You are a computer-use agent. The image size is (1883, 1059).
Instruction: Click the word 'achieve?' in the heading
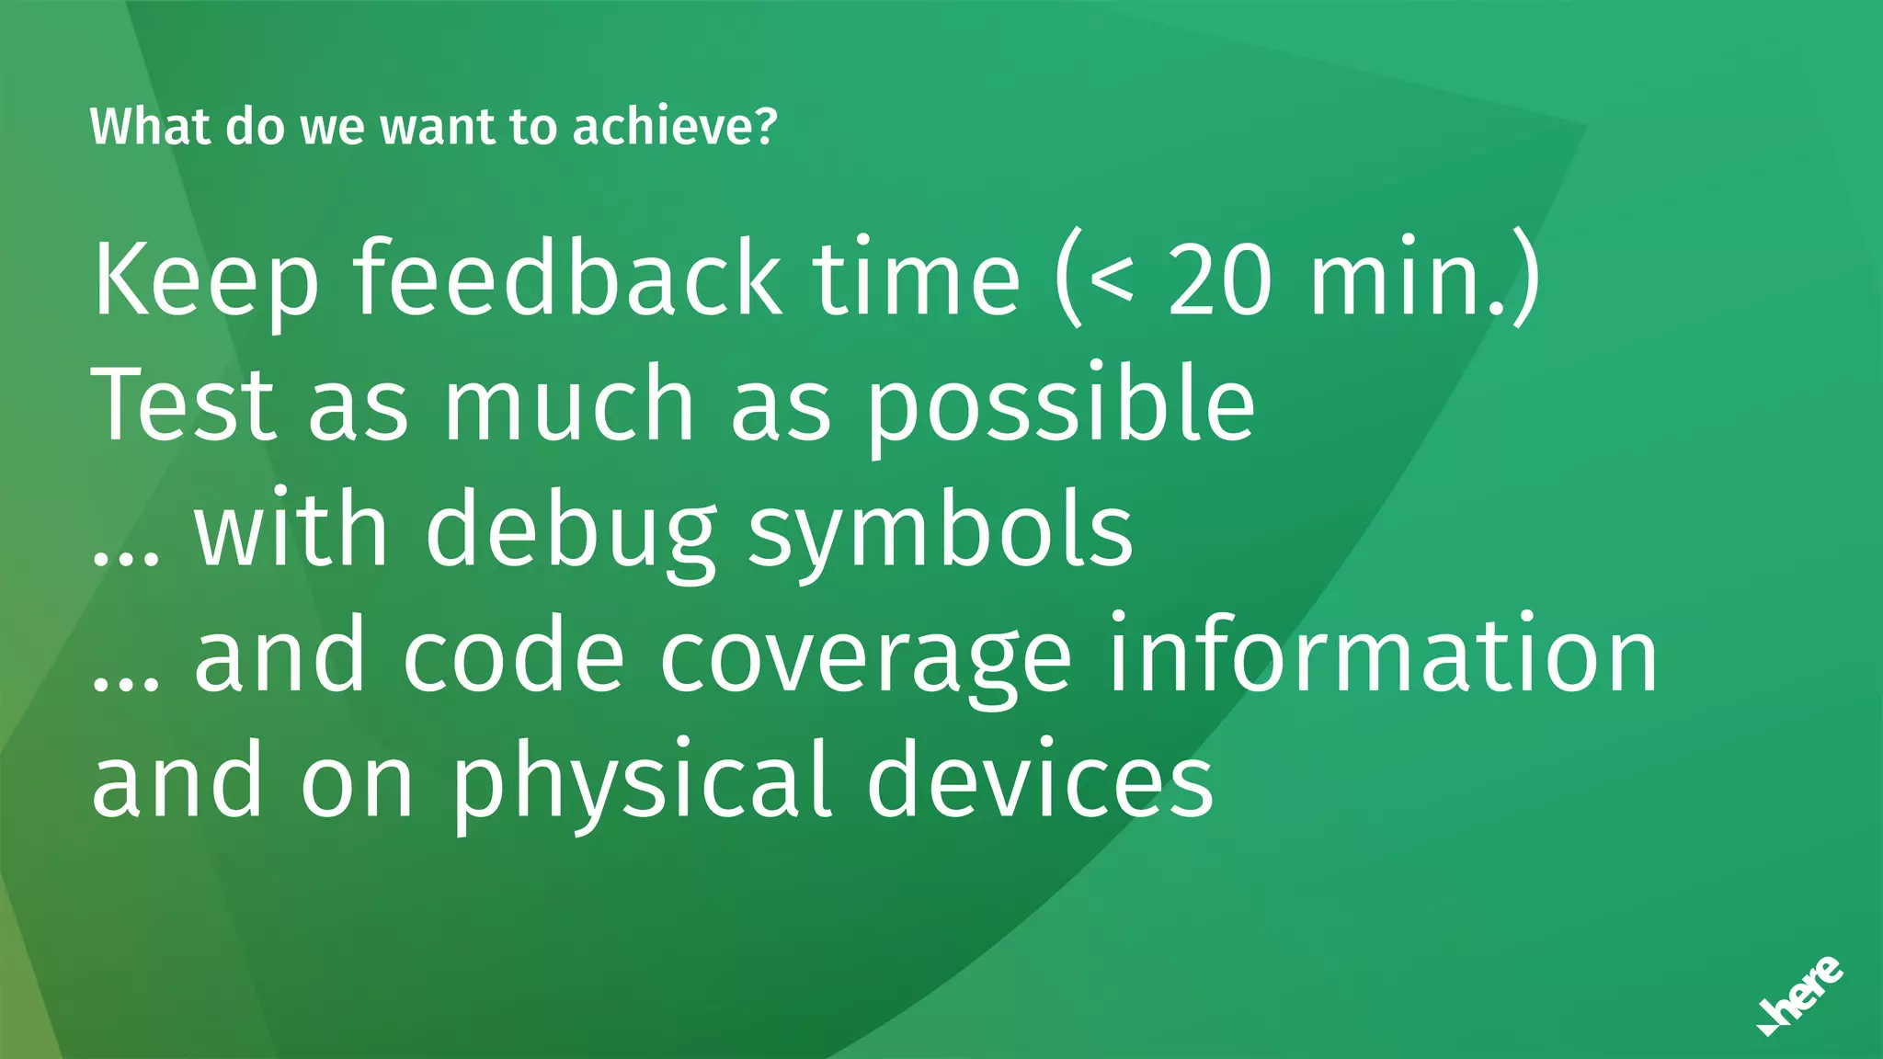[675, 127]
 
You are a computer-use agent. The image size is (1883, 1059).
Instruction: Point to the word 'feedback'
[567, 278]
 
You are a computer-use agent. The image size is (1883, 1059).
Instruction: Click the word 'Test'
[184, 404]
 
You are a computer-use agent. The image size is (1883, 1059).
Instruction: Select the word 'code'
[514, 656]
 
